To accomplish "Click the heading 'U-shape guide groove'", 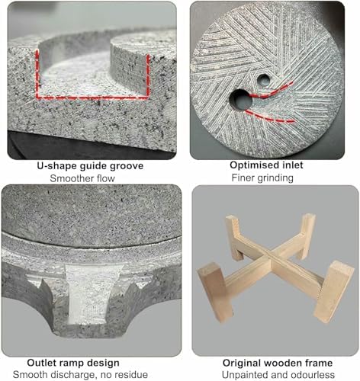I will tap(88, 165).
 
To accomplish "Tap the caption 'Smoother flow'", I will tap(88, 178).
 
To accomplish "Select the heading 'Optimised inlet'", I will tap(274, 165).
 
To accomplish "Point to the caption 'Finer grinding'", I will tap(274, 178).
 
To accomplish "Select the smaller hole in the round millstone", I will tap(263, 78).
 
